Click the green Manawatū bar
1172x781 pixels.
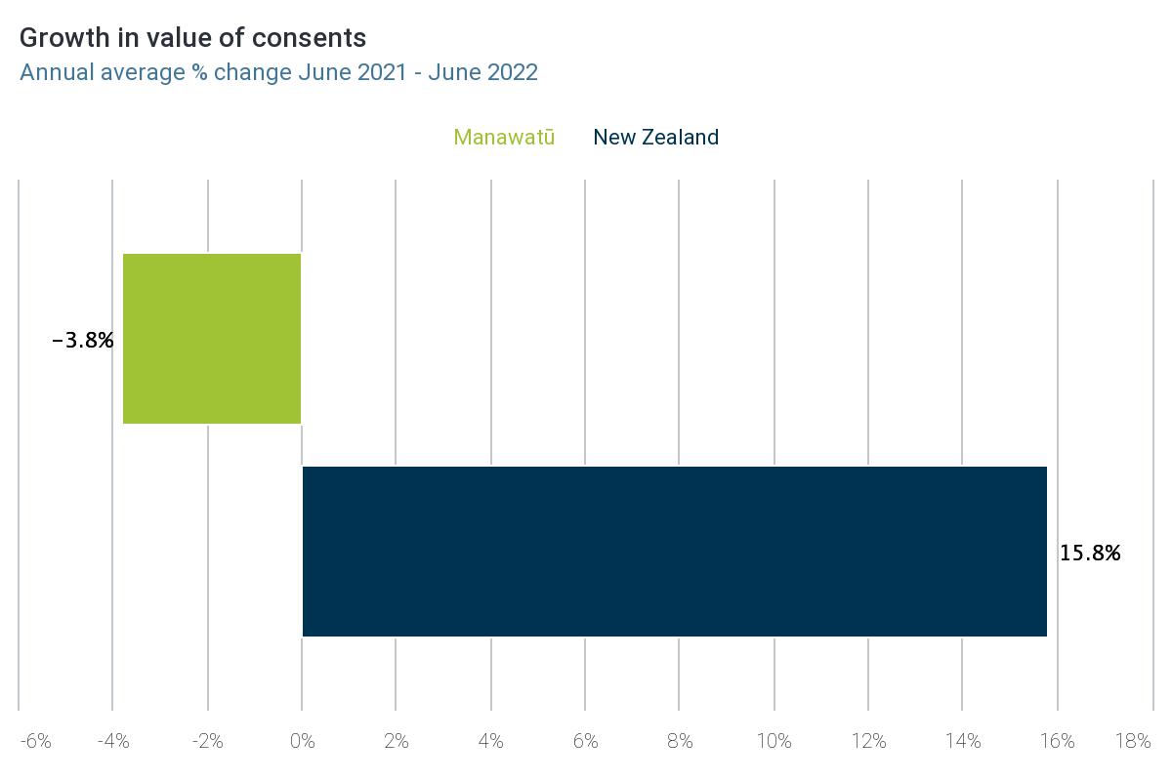pos(212,339)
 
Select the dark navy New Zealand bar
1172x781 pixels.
pos(674,552)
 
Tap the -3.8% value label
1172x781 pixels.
pos(83,341)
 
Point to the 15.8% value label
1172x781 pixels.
pos(1090,554)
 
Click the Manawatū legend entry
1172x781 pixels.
pos(504,138)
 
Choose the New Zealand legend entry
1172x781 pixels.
pos(655,138)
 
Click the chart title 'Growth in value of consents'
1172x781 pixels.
pos(193,38)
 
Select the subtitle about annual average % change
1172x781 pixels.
pos(278,72)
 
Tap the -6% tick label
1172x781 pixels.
pos(35,742)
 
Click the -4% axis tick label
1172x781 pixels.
pos(113,742)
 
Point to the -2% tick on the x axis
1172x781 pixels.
pos(207,742)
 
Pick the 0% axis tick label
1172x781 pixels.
pos(303,742)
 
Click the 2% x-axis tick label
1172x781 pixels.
pos(397,742)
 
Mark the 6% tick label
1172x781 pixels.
pos(585,742)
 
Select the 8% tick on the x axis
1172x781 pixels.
pos(680,742)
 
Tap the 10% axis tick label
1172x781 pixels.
pos(774,742)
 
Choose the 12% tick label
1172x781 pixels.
pos(868,742)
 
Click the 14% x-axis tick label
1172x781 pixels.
pos(963,742)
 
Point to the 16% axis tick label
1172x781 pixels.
pos(1057,742)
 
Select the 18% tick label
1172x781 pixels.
pos(1133,742)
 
